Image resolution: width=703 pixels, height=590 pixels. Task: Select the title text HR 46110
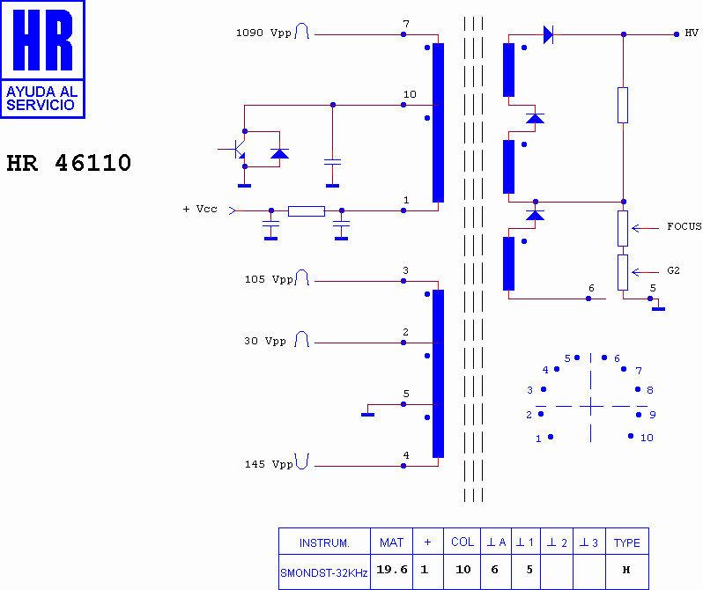point(69,164)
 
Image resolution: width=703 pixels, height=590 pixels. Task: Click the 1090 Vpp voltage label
point(263,33)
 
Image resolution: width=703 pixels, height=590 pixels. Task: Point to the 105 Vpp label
point(268,280)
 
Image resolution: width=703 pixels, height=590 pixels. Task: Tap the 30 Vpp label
point(264,342)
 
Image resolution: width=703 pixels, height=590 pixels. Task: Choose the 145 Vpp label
point(268,464)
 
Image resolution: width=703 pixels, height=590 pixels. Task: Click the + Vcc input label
point(200,210)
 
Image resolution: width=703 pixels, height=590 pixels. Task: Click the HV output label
point(692,33)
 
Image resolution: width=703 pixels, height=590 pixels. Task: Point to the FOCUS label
point(684,227)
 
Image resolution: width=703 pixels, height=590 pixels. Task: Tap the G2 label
point(673,271)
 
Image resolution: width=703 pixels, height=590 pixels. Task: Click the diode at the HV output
point(548,34)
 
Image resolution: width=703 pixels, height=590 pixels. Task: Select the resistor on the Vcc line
point(306,210)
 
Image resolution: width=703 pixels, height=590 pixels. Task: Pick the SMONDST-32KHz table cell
point(324,572)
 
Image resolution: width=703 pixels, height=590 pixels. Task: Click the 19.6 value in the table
point(392,570)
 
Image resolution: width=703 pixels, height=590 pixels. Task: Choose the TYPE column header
point(626,542)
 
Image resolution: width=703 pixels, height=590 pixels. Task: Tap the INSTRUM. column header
point(324,542)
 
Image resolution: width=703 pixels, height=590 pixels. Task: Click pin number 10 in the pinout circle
point(647,438)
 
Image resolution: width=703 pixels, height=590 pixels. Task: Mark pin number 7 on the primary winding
point(405,24)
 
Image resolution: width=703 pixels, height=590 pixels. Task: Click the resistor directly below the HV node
point(623,105)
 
